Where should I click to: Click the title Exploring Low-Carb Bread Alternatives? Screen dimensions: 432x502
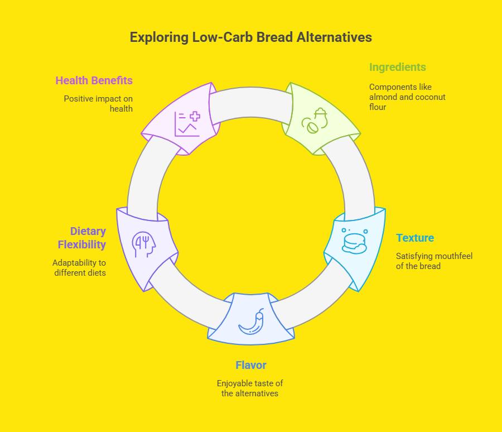coord(250,37)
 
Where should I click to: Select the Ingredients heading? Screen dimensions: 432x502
coord(397,67)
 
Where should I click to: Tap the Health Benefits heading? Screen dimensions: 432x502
coord(94,80)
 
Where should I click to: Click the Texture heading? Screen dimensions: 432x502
coord(415,238)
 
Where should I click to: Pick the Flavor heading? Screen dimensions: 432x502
coord(250,365)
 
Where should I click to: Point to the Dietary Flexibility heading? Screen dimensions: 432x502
coord(88,238)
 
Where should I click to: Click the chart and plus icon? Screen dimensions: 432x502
coord(186,123)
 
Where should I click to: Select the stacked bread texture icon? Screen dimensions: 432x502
coord(354,241)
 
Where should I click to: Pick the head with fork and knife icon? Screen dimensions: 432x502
coord(143,244)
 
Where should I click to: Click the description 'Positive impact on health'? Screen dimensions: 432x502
coord(98,103)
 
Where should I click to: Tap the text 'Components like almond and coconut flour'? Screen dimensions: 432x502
coord(407,97)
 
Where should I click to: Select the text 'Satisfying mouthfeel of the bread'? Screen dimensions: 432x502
coord(434,261)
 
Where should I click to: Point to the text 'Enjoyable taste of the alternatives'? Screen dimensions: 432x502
coord(250,388)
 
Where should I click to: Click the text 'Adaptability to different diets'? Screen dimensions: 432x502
coord(79,267)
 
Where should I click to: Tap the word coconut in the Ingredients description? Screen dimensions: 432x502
coord(429,97)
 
